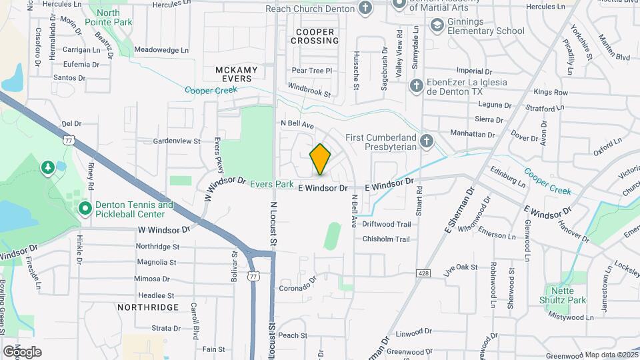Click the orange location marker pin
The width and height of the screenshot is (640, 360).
click(321, 159)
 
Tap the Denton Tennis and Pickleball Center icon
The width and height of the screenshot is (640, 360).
click(85, 209)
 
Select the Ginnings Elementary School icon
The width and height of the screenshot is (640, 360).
click(437, 26)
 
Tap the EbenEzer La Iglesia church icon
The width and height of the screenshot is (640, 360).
click(416, 86)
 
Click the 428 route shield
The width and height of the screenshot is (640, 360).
click(423, 273)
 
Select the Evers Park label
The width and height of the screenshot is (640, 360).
click(272, 184)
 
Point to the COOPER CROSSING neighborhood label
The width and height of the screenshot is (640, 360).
click(315, 36)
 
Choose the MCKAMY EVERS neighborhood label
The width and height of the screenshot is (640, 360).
click(233, 74)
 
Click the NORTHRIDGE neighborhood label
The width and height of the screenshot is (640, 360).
click(148, 307)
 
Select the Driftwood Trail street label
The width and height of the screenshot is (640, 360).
click(386, 224)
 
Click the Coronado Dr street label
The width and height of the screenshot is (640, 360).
click(295, 287)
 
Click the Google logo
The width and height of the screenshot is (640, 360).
click(22, 351)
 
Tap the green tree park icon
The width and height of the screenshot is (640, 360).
click(48, 167)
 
